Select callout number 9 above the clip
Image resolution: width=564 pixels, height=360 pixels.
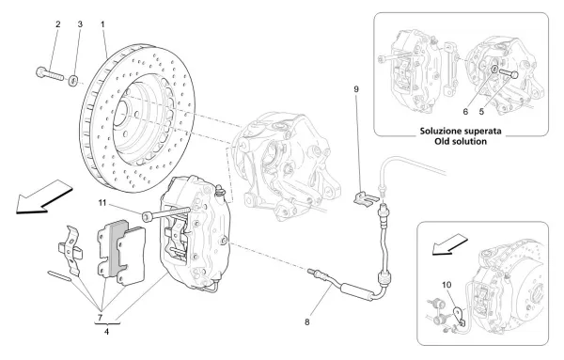click(x=355, y=89)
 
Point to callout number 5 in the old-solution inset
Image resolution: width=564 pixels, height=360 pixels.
click(x=509, y=108)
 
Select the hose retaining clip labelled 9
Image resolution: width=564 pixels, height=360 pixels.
click(x=369, y=197)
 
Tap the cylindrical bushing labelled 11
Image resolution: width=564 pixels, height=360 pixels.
click(x=149, y=217)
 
